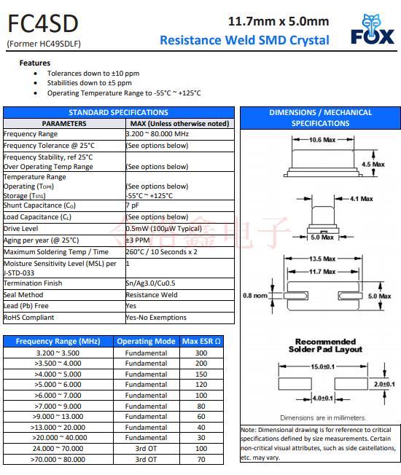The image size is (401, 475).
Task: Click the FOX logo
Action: tap(372, 30)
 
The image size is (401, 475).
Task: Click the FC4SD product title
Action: tap(42, 24)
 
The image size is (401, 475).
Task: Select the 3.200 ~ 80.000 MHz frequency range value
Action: tap(157, 134)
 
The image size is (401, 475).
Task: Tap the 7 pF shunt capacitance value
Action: tap(132, 205)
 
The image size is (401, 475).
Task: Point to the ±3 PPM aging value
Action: tap(137, 240)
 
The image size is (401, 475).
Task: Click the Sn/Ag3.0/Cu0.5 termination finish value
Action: tap(150, 283)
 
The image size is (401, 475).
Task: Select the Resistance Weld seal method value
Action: tap(151, 295)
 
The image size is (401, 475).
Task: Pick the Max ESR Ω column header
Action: tap(201, 341)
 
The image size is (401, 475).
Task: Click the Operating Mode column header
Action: tap(146, 341)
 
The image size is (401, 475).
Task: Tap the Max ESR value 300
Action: tap(201, 353)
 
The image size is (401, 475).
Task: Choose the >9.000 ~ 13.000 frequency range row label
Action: tap(58, 417)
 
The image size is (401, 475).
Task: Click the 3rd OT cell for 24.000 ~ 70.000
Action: tap(146, 449)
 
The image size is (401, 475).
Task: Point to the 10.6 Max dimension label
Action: tap(322, 139)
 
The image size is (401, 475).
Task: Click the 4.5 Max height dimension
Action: tap(373, 165)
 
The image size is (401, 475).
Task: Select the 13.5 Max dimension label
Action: tap(322, 259)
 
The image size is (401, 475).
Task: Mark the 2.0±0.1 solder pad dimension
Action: tap(384, 383)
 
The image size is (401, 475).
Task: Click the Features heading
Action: tap(34, 63)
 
